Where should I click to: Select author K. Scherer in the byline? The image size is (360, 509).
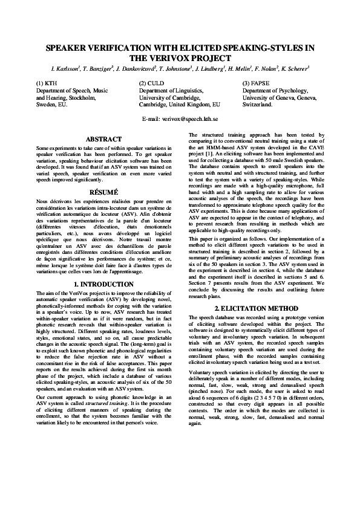click(x=293, y=68)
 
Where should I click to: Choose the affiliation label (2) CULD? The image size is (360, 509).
click(x=151, y=83)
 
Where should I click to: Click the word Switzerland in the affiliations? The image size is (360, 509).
click(x=258, y=104)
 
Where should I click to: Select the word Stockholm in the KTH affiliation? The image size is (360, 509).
click(x=82, y=97)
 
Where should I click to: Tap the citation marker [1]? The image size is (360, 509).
click(x=212, y=154)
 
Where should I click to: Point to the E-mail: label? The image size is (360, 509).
click(x=151, y=120)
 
